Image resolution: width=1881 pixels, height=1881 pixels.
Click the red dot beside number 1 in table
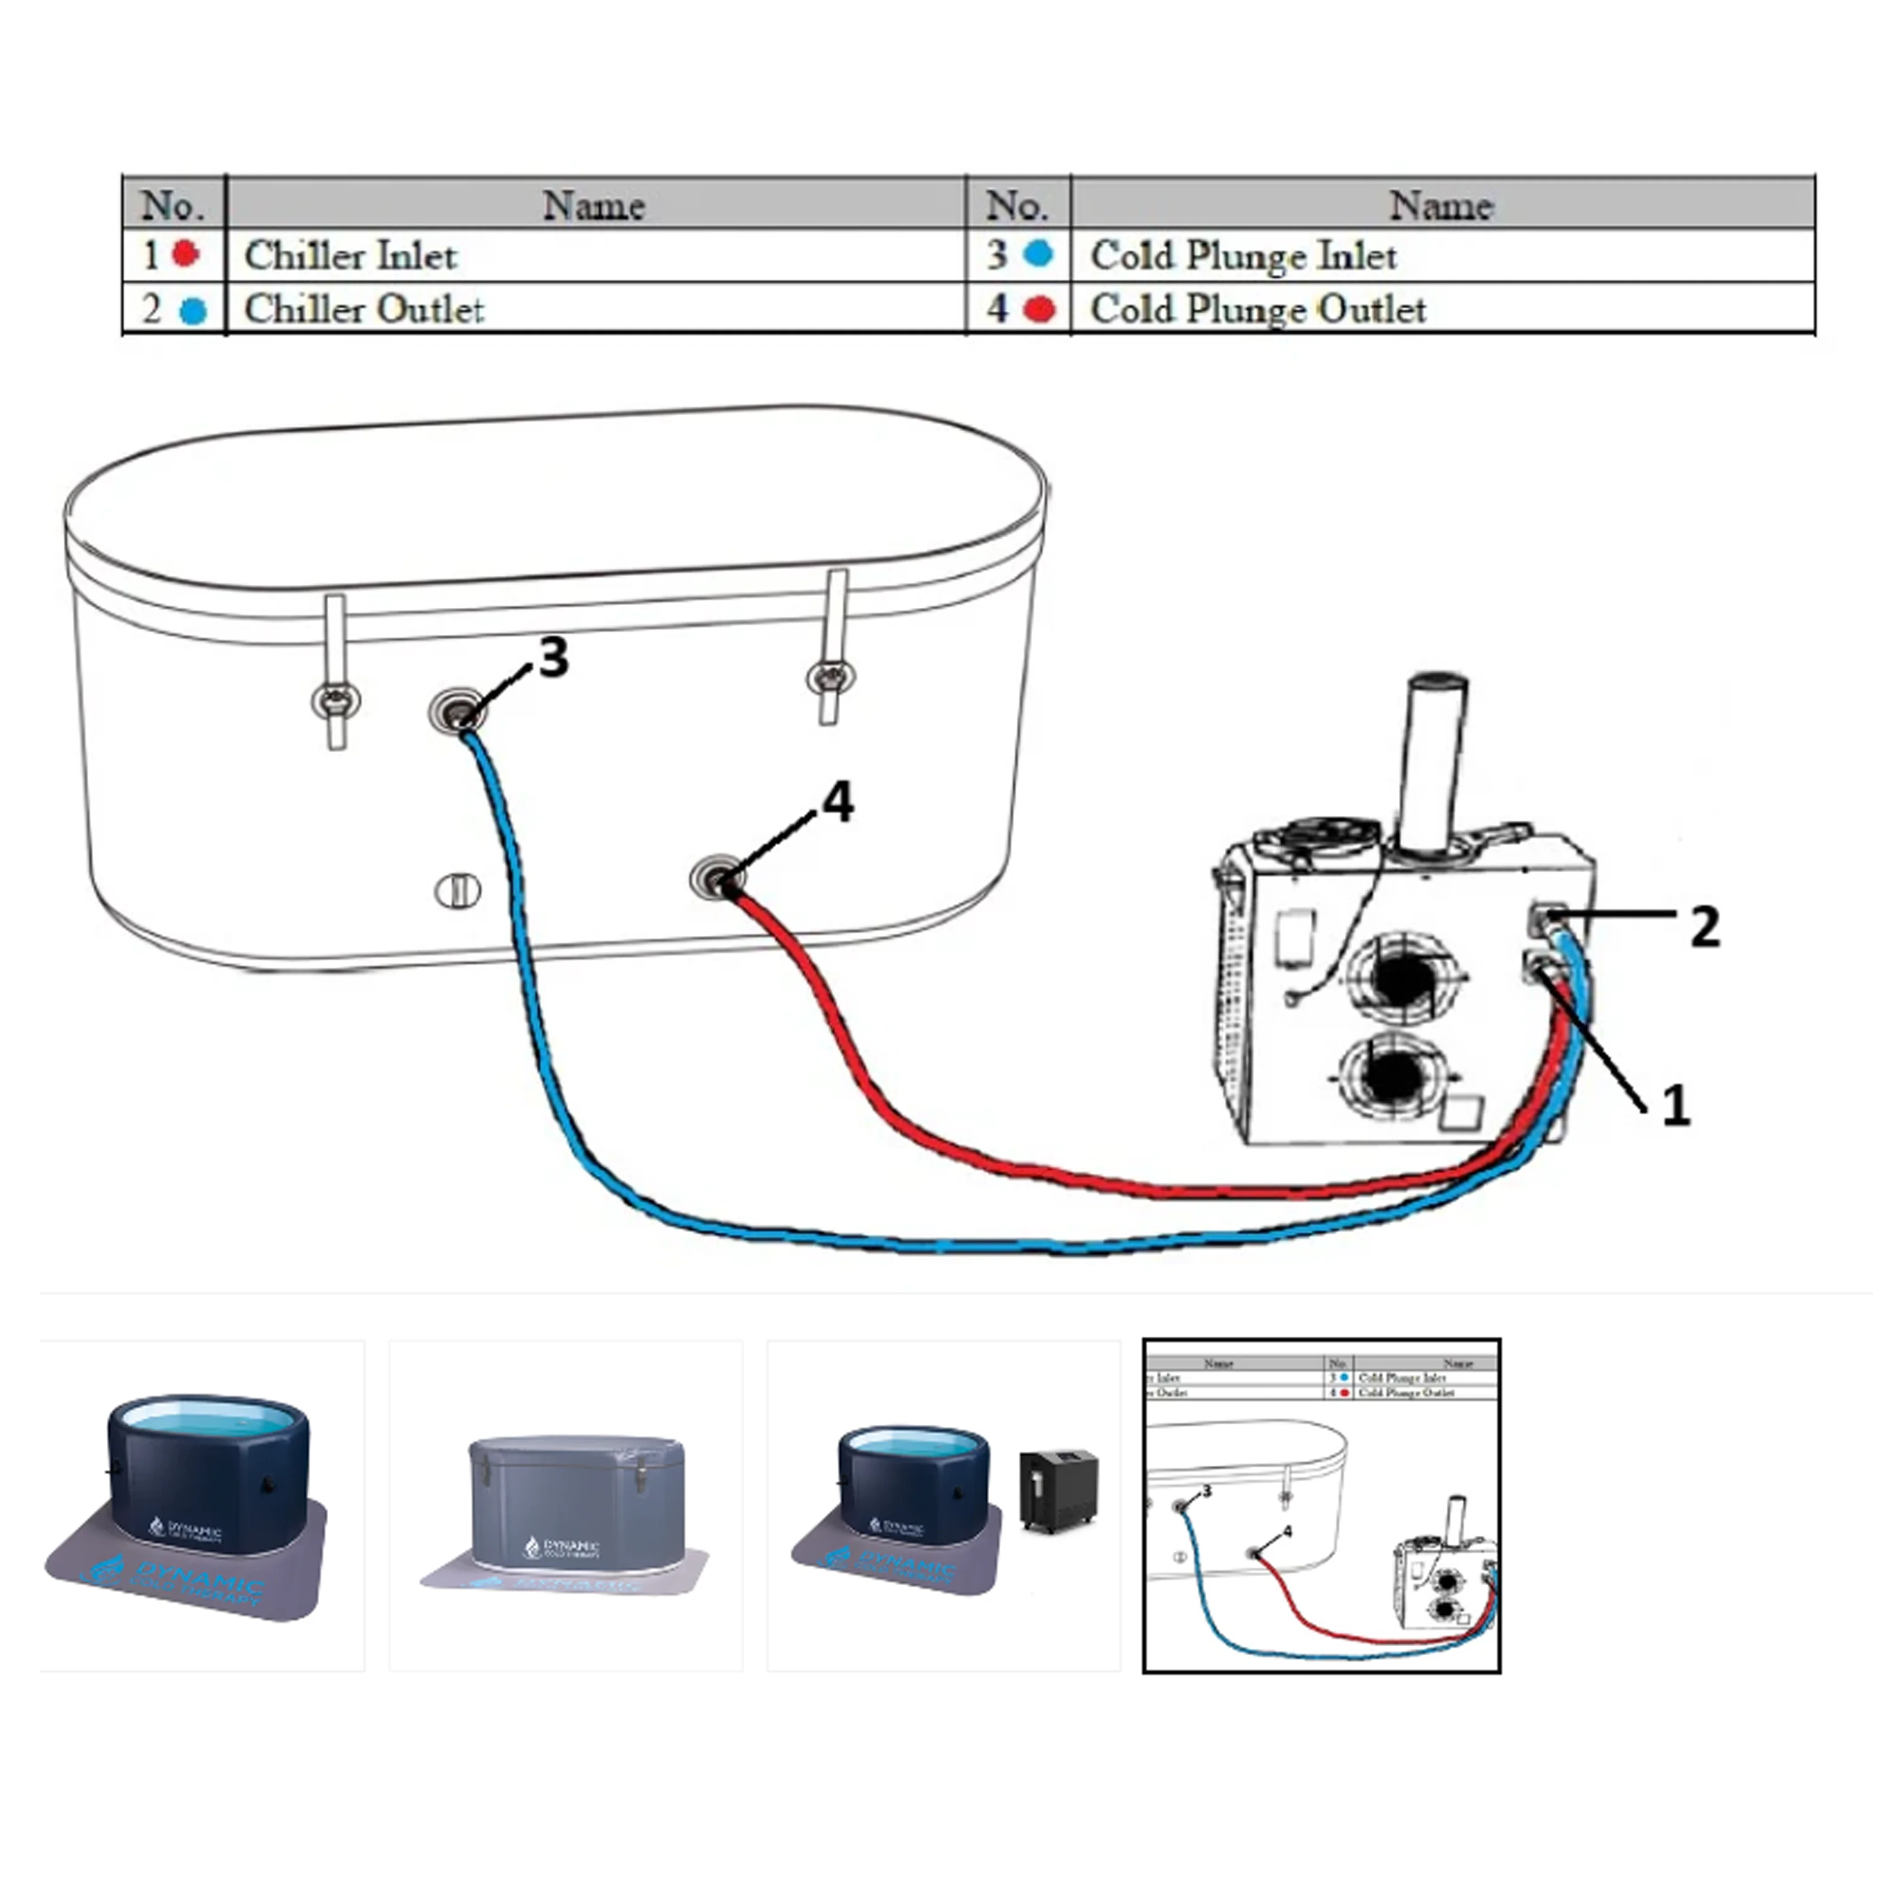[x=185, y=254]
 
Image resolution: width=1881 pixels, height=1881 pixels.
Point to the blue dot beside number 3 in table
[x=1039, y=254]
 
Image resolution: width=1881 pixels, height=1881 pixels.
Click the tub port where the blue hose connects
[x=457, y=712]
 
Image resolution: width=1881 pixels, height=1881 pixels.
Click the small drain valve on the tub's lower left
[x=456, y=890]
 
